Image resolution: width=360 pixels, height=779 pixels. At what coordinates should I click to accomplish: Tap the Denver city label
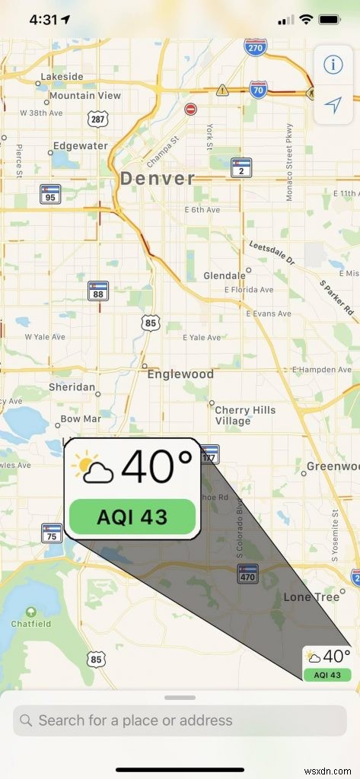[157, 178]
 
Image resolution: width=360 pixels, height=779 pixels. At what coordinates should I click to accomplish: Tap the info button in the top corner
[333, 65]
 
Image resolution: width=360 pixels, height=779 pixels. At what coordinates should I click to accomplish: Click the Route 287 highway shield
[97, 119]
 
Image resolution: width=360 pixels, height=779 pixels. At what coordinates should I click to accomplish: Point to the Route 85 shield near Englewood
[151, 323]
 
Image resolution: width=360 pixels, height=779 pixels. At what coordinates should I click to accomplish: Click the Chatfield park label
[30, 625]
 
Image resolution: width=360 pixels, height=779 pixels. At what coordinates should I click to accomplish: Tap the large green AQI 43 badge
[132, 517]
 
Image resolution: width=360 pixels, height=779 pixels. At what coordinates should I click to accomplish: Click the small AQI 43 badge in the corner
[327, 675]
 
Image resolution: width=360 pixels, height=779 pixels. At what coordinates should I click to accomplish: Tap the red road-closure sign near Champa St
[190, 110]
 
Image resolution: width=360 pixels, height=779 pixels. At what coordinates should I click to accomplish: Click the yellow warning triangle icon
[221, 91]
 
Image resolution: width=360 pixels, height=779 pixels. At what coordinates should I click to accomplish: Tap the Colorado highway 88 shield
[97, 291]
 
